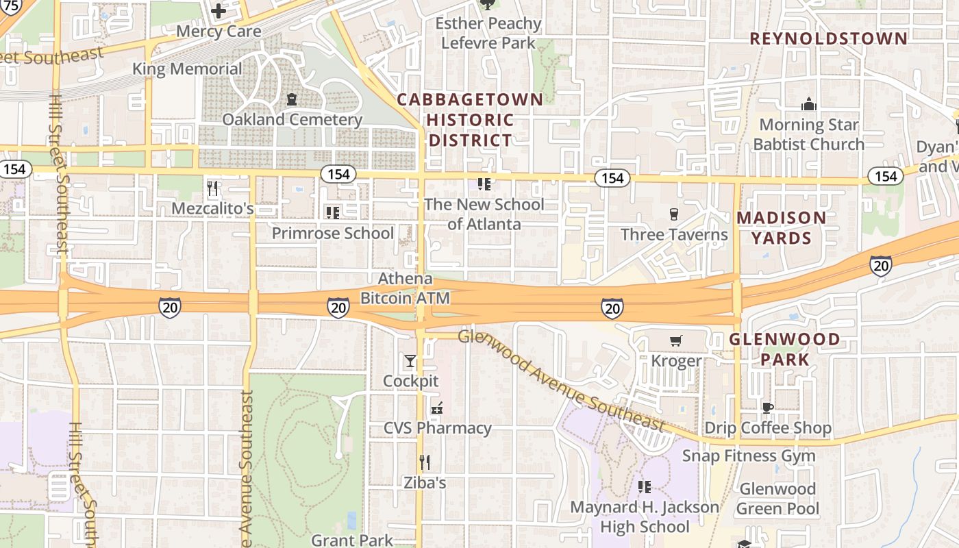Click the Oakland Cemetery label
[292, 120]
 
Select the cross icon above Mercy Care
[219, 11]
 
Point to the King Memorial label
[187, 69]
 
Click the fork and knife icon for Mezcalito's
[213, 188]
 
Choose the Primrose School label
[333, 233]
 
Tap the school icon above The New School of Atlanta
[484, 184]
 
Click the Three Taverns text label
[674, 234]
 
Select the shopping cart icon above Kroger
[676, 340]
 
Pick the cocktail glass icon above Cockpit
[410, 360]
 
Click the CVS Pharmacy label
[438, 428]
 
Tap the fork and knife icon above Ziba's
[425, 462]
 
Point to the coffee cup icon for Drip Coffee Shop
[768, 408]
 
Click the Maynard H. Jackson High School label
[645, 517]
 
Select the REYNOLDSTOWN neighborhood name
[829, 38]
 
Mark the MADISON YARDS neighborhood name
[782, 228]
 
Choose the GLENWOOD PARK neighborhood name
[784, 349]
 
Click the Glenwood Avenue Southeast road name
[562, 381]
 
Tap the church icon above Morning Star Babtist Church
[809, 105]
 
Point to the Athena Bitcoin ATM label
[406, 288]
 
